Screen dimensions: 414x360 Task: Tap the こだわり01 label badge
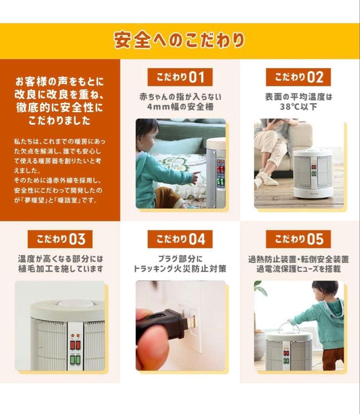coord(180,77)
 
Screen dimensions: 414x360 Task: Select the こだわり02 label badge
coord(298,77)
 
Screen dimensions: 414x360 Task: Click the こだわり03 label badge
coord(60,239)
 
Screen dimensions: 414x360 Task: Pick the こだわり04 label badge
coord(180,239)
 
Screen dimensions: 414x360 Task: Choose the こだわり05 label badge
coord(298,239)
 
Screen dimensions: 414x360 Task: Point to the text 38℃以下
coord(298,107)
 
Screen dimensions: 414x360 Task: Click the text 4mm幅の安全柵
coord(180,107)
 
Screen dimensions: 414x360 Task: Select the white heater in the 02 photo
coord(313,172)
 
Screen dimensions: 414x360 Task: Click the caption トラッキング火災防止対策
coord(180,269)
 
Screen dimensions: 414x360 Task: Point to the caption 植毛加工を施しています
coord(60,269)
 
